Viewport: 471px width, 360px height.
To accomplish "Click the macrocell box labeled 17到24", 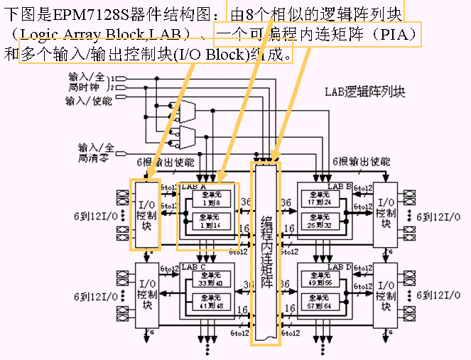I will point(318,197).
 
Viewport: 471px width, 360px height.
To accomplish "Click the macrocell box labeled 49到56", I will point(318,280).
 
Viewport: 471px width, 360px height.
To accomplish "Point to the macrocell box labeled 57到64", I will point(318,303).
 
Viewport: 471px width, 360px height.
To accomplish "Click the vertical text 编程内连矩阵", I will point(265,252).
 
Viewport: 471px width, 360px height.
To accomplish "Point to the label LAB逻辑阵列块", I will point(364,92).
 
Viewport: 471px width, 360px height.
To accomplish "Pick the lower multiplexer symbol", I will point(188,135).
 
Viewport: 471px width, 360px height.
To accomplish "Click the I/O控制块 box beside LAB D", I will point(385,291).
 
